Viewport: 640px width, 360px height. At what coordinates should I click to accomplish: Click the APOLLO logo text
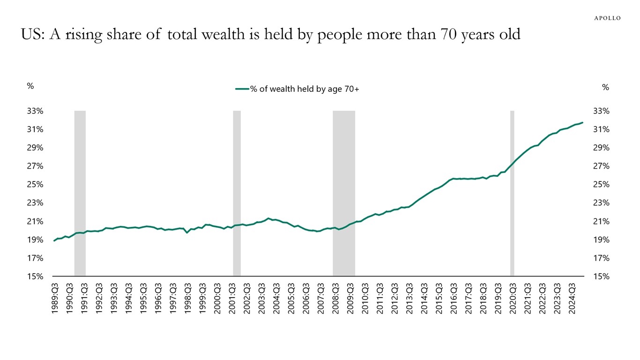pyautogui.click(x=607, y=18)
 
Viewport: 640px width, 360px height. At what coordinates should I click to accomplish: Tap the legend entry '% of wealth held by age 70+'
pyautogui.click(x=298, y=89)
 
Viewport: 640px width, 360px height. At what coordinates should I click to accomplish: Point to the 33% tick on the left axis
pyautogui.click(x=35, y=111)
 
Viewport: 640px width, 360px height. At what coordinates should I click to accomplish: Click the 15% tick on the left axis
pyautogui.click(x=35, y=277)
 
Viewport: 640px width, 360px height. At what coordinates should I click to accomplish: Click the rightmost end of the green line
pyautogui.click(x=582, y=123)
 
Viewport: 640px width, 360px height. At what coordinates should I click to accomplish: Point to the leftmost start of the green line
pyautogui.click(x=54, y=240)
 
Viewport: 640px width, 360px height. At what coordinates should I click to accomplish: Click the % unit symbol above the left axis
pyautogui.click(x=30, y=86)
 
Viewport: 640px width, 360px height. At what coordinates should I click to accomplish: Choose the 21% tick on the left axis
pyautogui.click(x=35, y=221)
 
